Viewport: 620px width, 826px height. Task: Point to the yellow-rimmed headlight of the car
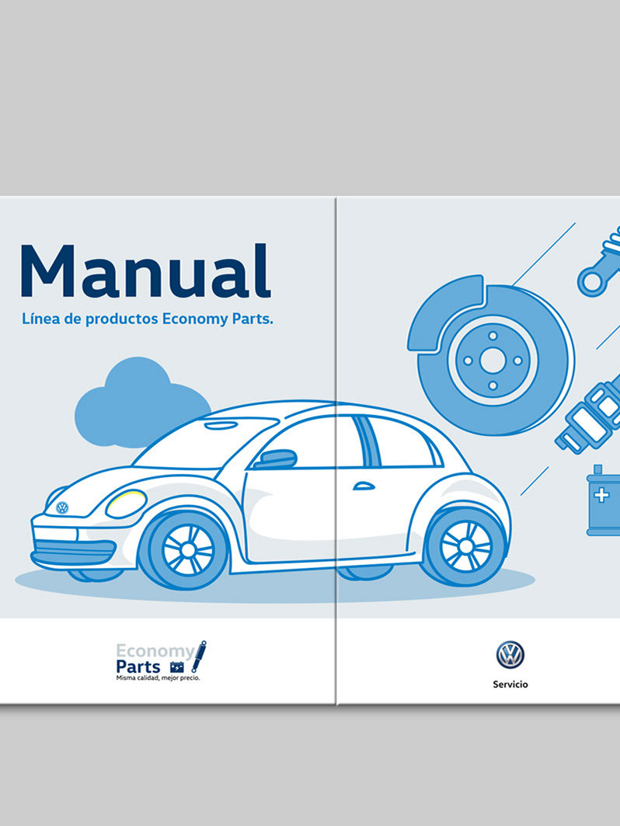pyautogui.click(x=126, y=504)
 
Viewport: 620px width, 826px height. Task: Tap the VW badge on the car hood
pyautogui.click(x=62, y=507)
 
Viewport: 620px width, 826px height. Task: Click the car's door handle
pyautogui.click(x=364, y=486)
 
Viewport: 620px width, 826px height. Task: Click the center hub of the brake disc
pyautogui.click(x=491, y=361)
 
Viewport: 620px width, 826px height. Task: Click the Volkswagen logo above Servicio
pyautogui.click(x=510, y=655)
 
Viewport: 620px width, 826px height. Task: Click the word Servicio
pyautogui.click(x=510, y=685)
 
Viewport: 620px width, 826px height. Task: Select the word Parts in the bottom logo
pyautogui.click(x=138, y=667)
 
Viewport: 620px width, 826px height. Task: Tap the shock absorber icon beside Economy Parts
pyautogui.click(x=199, y=657)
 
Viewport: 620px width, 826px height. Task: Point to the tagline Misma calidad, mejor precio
pyautogui.click(x=158, y=678)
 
